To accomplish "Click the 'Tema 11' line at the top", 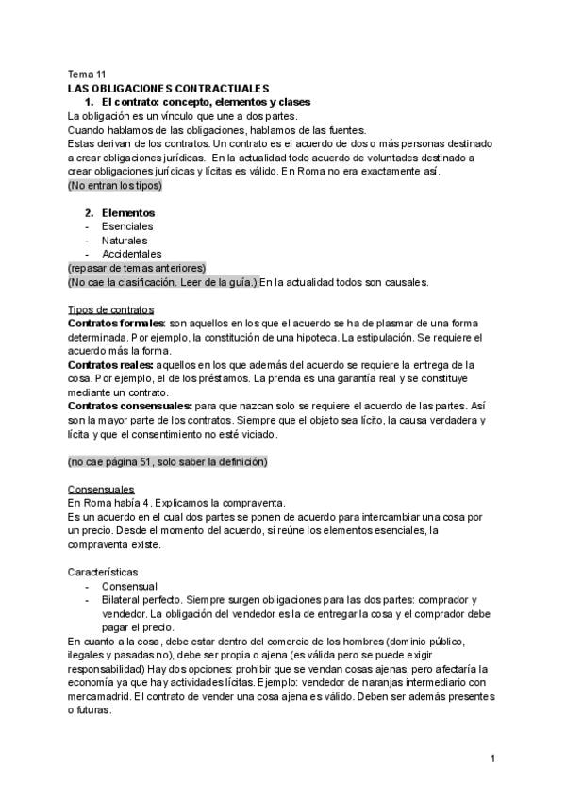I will point(87,74).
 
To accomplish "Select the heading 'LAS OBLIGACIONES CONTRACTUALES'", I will point(169,88).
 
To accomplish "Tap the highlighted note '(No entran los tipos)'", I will point(115,186).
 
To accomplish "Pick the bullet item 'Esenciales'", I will point(127,226).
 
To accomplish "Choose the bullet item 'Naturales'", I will point(125,241).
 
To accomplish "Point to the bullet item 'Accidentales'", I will point(131,254).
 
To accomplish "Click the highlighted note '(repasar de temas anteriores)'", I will point(137,268).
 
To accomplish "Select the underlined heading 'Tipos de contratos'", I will point(111,309).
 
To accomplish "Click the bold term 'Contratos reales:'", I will point(107,365).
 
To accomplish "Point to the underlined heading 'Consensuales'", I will point(101,490).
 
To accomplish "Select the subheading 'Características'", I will point(103,573).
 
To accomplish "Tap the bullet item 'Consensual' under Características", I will point(129,586).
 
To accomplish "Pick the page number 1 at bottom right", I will point(493,759).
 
